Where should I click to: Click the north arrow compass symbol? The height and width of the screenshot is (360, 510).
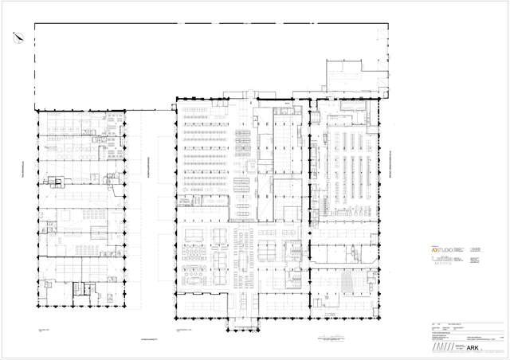[x=17, y=35]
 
